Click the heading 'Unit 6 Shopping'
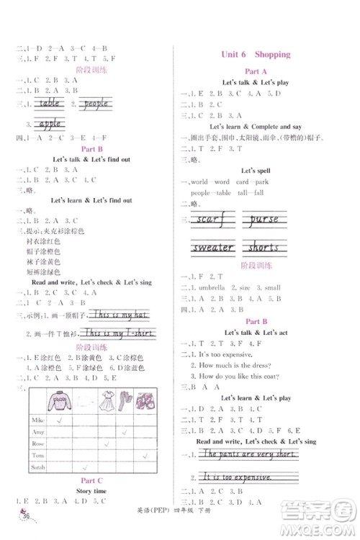click(255, 54)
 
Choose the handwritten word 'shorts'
click(264, 248)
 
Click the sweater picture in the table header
click(55, 400)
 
